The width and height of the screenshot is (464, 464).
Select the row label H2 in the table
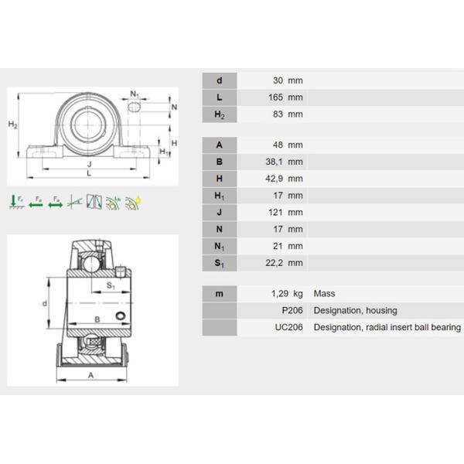tap(220, 114)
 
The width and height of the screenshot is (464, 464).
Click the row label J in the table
tap(220, 212)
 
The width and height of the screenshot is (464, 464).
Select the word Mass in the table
tap(324, 294)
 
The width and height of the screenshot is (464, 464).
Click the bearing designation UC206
tap(288, 328)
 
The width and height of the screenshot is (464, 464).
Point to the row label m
tap(220, 294)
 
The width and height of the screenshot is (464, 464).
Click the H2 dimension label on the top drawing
tap(13, 125)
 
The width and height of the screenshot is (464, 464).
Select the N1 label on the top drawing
tap(135, 94)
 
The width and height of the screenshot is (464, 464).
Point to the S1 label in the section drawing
tap(111, 285)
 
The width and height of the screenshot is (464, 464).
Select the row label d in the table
tap(220, 80)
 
